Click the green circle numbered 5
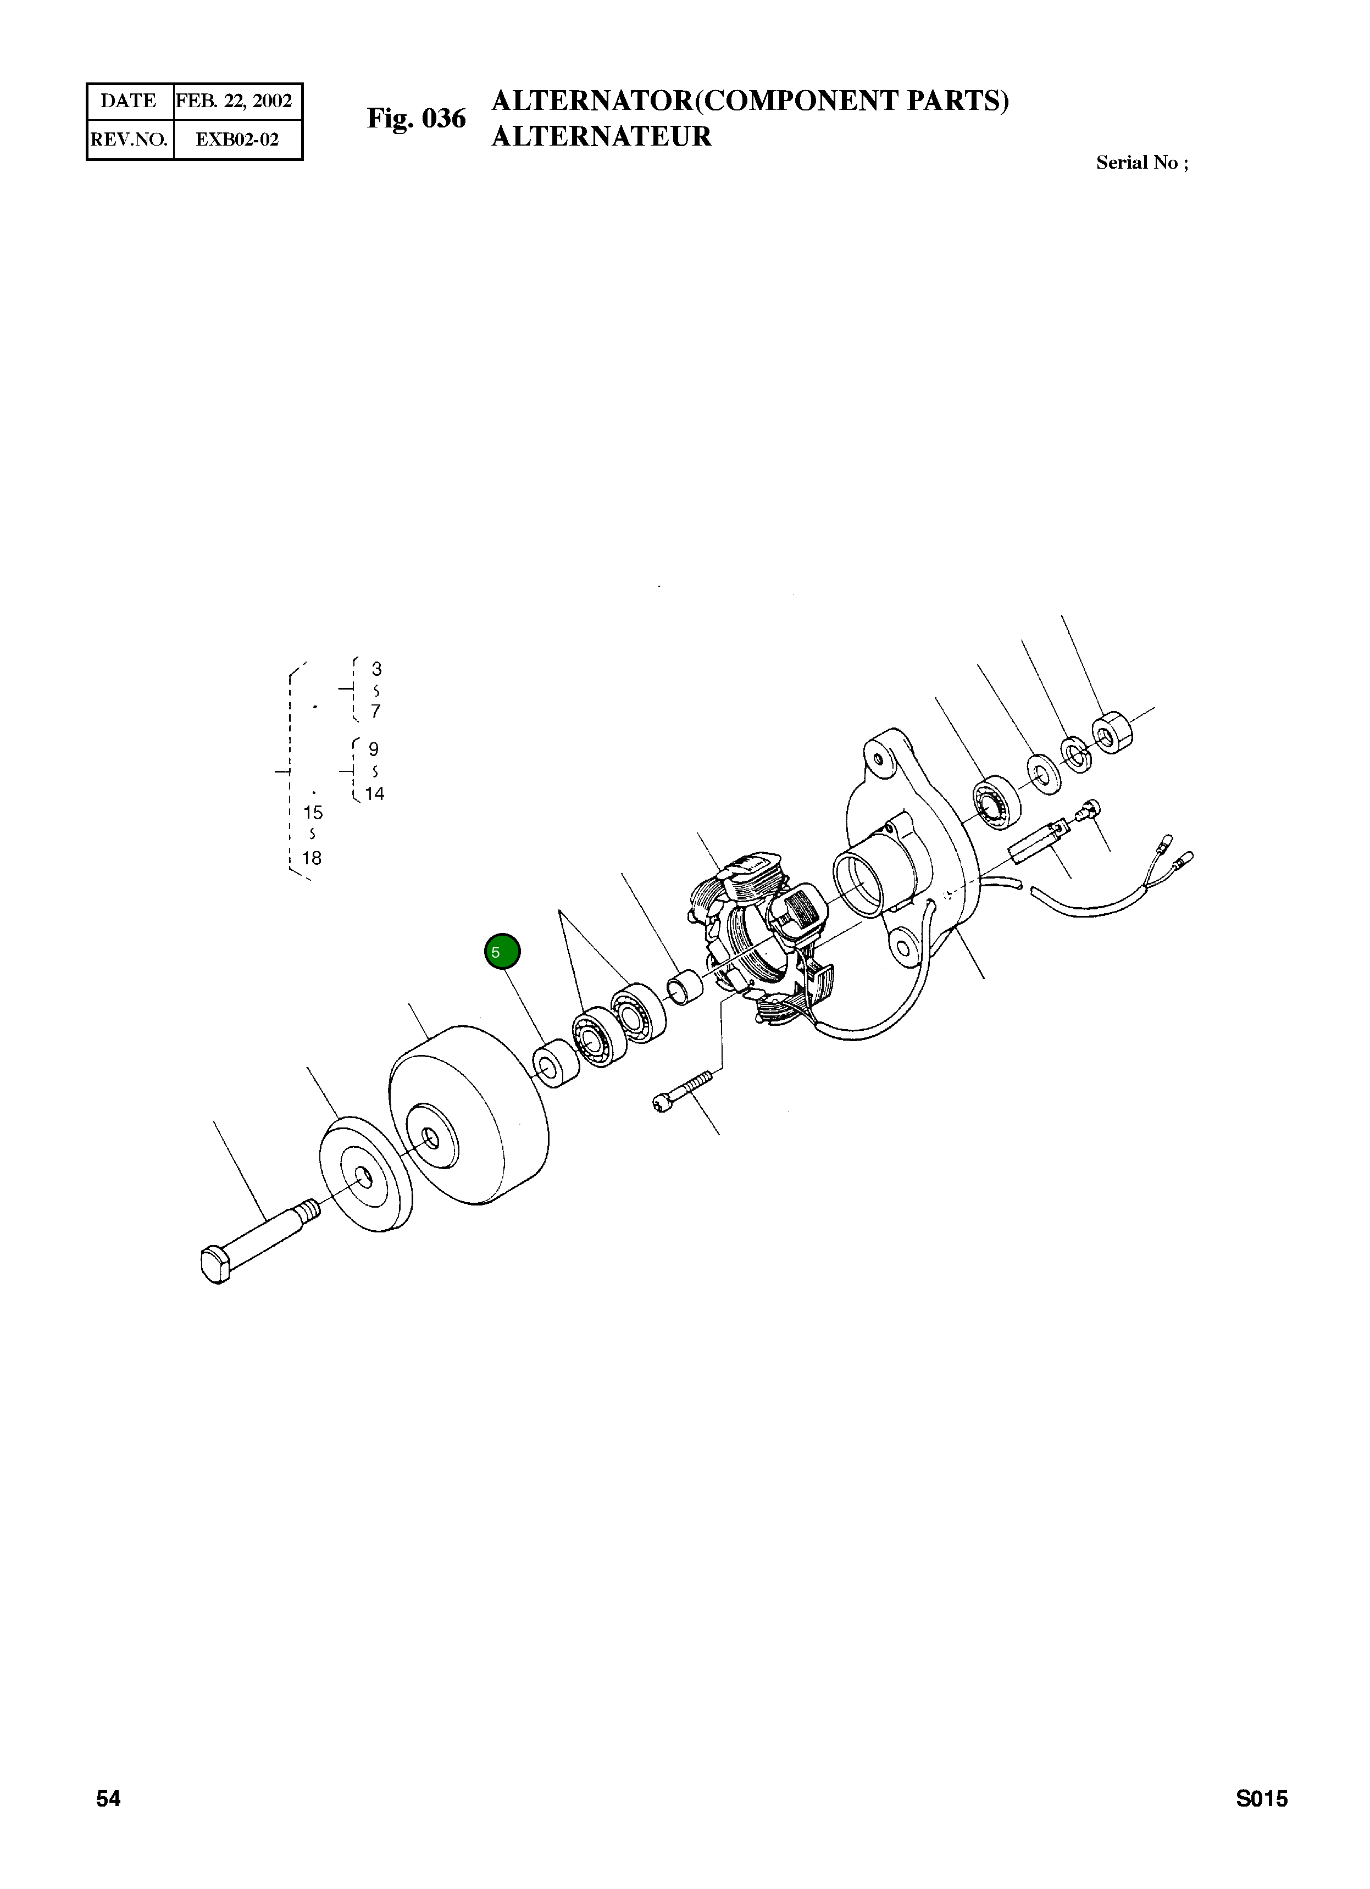tap(502, 952)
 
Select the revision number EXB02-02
tap(236, 139)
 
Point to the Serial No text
tap(1141, 163)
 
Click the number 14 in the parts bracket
tap(375, 794)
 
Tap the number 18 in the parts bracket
tap(312, 858)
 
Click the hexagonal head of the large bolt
tap(216, 1264)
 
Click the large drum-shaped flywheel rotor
tap(470, 1116)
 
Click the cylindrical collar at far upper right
tap(1113, 733)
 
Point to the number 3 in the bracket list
tap(376, 669)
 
